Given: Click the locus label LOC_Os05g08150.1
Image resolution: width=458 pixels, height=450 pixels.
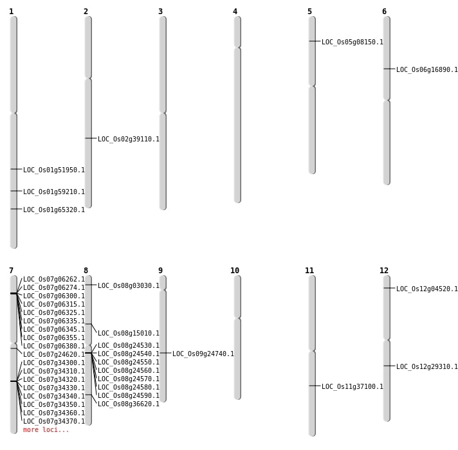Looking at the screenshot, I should tap(352, 42).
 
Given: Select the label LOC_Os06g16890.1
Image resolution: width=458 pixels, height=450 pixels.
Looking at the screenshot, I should tap(426, 70).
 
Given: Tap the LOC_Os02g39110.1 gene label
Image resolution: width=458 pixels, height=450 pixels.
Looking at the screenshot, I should tap(128, 139).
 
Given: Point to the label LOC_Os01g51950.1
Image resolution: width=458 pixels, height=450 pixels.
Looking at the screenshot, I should tap(53, 170).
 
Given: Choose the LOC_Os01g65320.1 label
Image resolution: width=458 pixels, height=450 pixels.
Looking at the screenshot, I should tap(53, 210).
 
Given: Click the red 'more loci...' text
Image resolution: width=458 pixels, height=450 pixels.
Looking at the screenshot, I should tap(46, 430).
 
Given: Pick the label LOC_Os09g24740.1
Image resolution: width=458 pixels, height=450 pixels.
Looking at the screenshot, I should tap(203, 354).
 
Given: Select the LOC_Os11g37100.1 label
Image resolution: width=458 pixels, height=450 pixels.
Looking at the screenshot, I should tap(352, 387).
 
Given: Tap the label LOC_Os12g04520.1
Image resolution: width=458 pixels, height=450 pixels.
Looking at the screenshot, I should tap(426, 289).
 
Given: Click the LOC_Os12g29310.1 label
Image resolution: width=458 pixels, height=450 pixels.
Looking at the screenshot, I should tap(426, 367).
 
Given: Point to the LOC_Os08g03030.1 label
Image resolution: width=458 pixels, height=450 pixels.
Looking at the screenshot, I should tap(128, 286).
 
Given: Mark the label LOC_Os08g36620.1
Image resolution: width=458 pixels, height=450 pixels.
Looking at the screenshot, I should tap(128, 404).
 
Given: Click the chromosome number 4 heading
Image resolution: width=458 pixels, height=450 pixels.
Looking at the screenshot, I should tap(235, 12).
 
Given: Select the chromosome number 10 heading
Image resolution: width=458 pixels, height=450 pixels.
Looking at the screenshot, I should tap(235, 271).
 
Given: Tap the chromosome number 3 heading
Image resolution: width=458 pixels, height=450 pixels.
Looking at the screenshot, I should tap(160, 12).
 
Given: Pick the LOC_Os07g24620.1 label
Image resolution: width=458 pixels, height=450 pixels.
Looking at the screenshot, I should tap(53, 355).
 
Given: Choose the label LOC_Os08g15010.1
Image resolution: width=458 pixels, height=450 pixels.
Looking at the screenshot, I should tap(128, 334).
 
